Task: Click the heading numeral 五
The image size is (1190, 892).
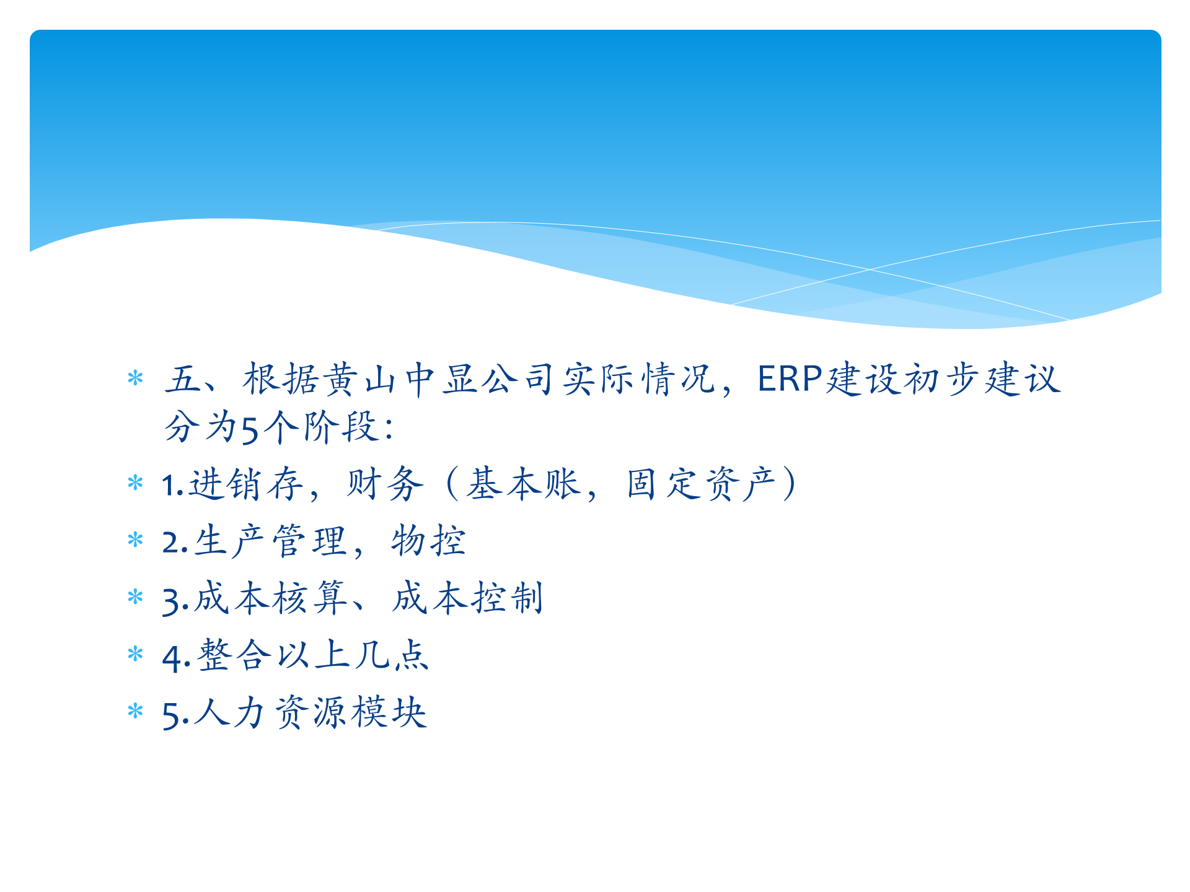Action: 183,379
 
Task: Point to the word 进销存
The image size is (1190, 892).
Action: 245,484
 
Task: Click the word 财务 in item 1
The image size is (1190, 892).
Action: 385,484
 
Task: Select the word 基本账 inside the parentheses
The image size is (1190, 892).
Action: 524,484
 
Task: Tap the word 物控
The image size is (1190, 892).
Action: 428,541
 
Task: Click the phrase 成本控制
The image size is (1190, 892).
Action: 468,598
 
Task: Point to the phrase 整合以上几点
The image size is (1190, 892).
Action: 313,655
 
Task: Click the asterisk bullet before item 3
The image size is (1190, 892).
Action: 135,597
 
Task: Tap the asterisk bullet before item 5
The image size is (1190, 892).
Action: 135,711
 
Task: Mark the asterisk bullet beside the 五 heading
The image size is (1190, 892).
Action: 135,378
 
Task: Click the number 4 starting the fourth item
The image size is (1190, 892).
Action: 170,658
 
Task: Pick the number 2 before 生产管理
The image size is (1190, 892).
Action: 170,543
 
